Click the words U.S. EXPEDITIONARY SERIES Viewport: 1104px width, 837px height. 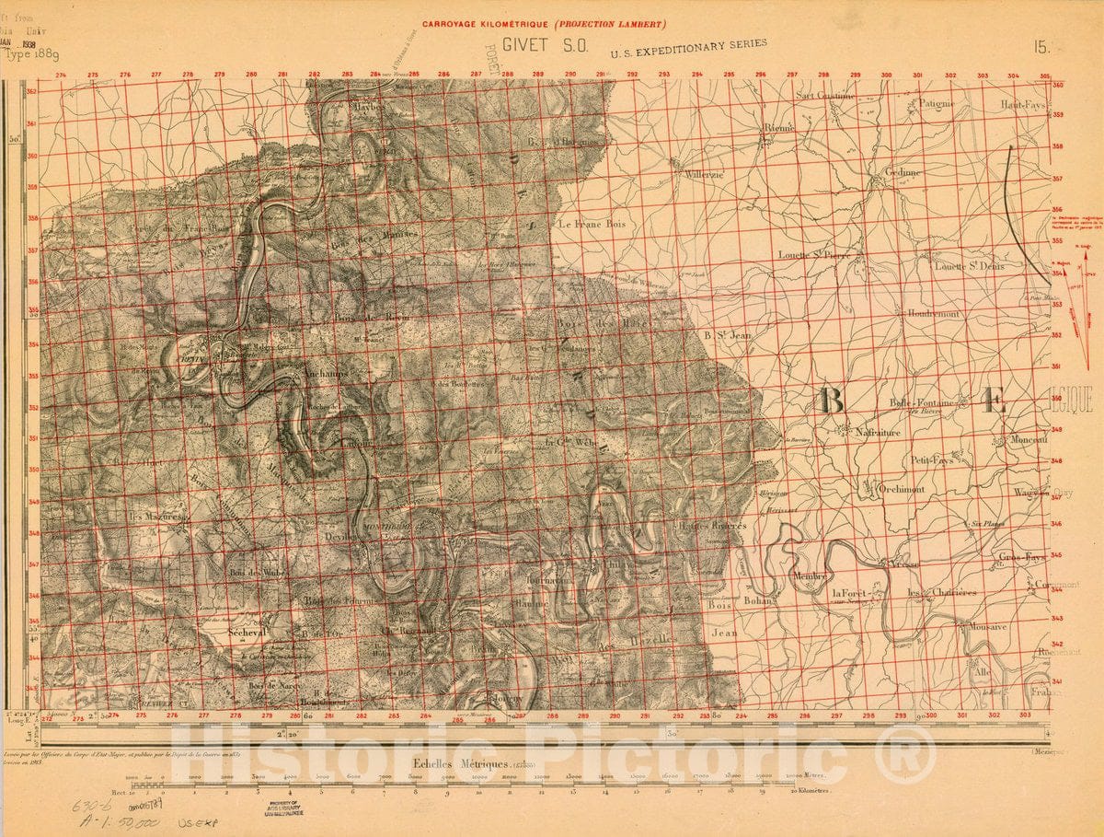(687, 55)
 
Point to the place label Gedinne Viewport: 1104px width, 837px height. (902, 172)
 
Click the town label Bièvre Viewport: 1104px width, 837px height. (777, 128)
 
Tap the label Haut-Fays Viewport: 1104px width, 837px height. (1024, 105)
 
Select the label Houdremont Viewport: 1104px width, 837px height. (932, 314)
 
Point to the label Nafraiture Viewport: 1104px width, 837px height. (878, 432)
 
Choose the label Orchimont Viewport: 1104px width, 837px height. (900, 490)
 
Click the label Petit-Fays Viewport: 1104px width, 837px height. (932, 459)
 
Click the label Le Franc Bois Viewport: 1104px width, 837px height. (592, 224)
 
